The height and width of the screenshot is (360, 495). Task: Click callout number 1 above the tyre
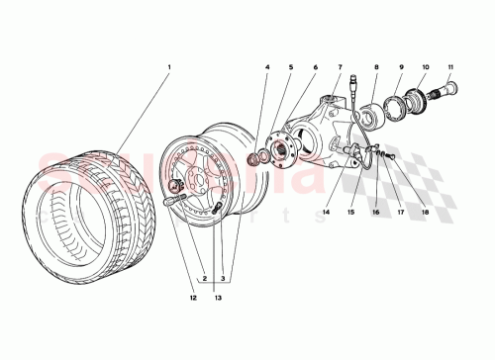(169, 67)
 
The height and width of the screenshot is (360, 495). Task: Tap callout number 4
(266, 67)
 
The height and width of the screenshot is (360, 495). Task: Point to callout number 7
(340, 67)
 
